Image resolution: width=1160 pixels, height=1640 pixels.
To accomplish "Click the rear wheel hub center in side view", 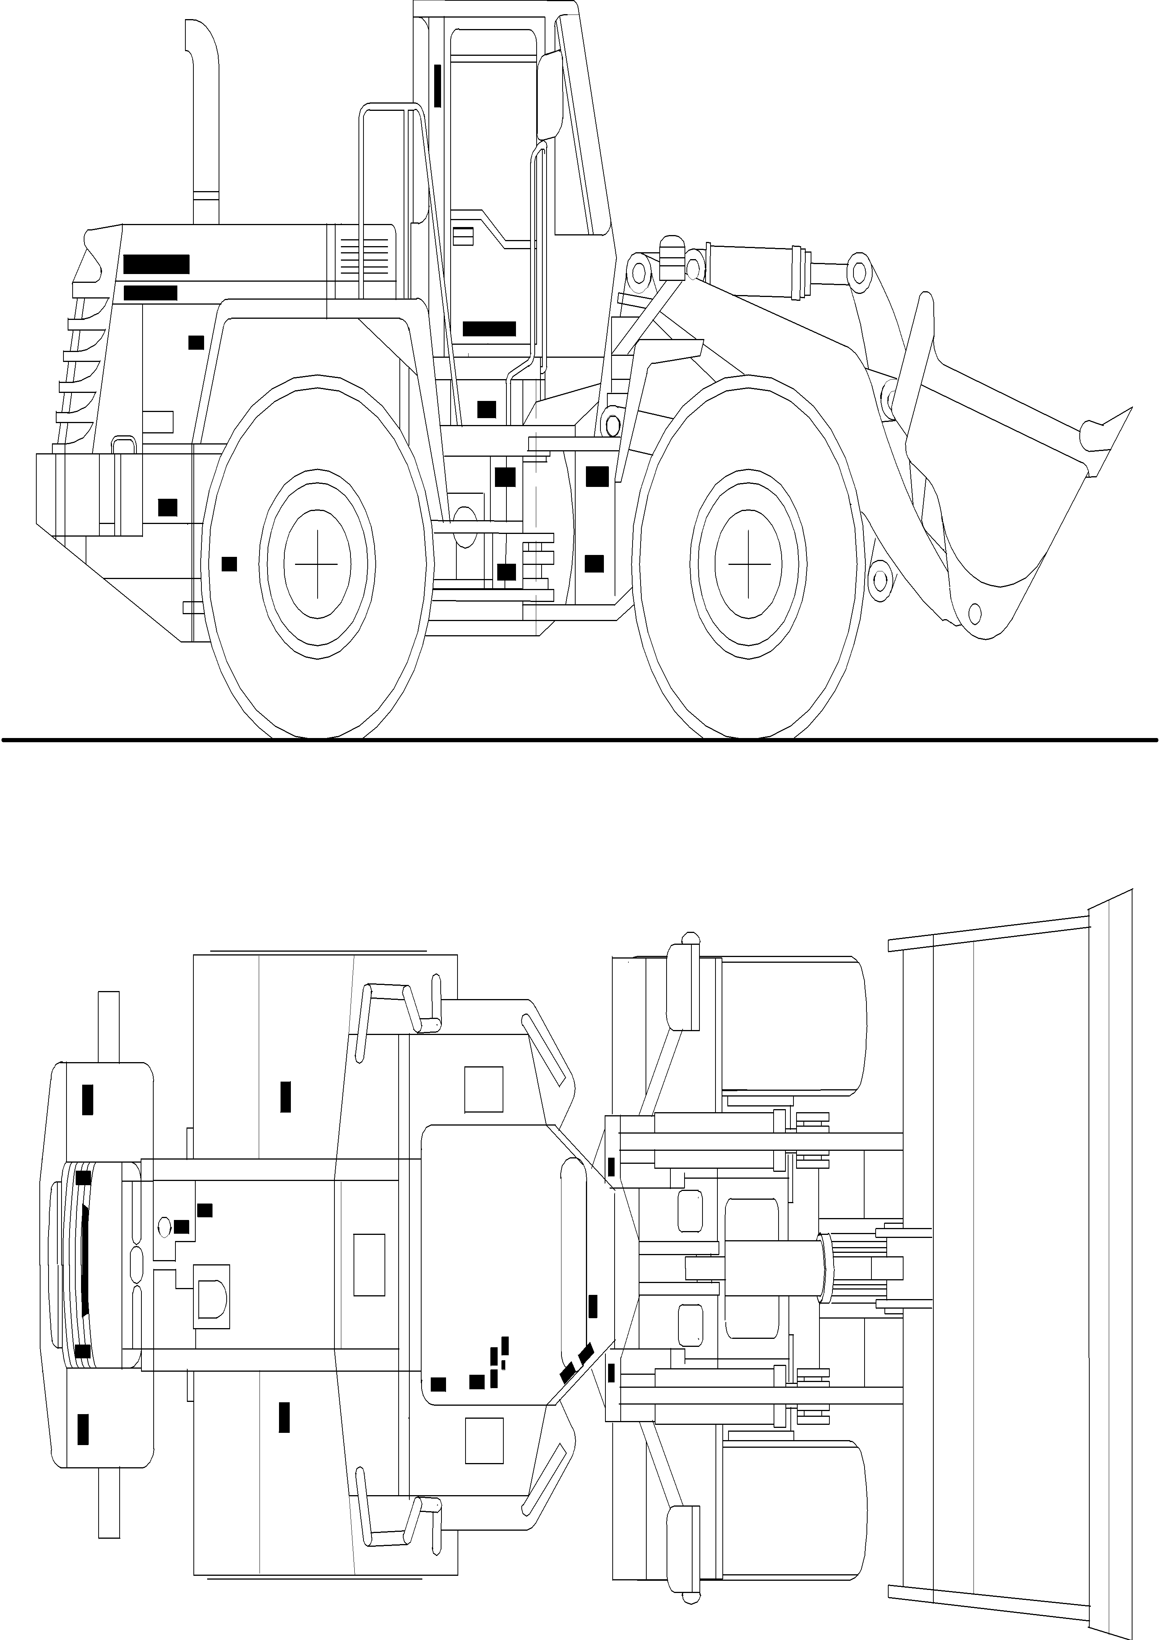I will (317, 564).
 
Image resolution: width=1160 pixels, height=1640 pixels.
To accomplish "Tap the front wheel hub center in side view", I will (749, 564).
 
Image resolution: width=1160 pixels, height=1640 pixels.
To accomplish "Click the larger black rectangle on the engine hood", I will (156, 264).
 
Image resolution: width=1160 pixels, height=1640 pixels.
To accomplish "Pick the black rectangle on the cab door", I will (489, 329).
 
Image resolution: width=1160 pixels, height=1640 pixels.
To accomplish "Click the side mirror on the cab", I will (550, 96).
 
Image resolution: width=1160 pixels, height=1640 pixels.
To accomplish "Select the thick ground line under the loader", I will (580, 740).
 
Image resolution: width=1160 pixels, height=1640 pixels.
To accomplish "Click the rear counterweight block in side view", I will (68, 493).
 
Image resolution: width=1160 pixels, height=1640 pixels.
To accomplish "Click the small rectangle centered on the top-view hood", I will (369, 1264).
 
